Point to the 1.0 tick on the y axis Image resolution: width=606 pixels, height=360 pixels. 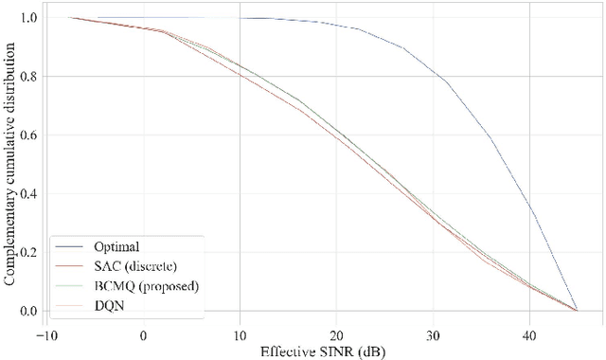click(x=28, y=18)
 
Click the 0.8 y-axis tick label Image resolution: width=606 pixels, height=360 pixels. click(x=28, y=77)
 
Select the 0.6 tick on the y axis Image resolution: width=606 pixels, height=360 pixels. click(x=28, y=135)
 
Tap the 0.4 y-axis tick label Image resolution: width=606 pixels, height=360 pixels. click(x=28, y=193)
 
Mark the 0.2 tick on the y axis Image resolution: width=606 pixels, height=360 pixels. click(x=28, y=252)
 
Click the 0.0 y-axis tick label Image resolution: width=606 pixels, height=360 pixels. click(x=28, y=311)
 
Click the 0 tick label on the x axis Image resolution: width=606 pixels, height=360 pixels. click(x=143, y=333)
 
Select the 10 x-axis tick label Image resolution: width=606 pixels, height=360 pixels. click(x=240, y=333)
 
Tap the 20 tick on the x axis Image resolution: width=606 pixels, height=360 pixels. click(x=336, y=333)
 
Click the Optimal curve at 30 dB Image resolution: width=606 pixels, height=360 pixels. click(x=433, y=67)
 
